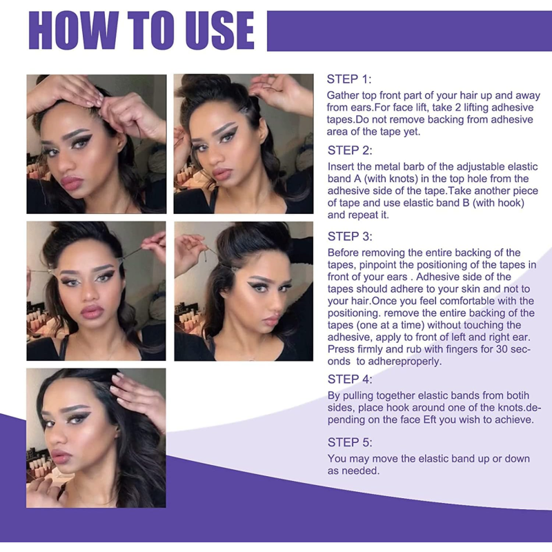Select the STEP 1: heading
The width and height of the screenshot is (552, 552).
click(349, 79)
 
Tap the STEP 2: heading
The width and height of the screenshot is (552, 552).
click(350, 150)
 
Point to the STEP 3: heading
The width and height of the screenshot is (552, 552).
click(350, 236)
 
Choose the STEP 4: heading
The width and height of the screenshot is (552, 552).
click(350, 379)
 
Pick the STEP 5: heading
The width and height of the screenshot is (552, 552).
click(350, 442)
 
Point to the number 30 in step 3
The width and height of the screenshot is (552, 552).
click(502, 349)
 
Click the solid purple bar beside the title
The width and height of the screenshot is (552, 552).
click(409, 31)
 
